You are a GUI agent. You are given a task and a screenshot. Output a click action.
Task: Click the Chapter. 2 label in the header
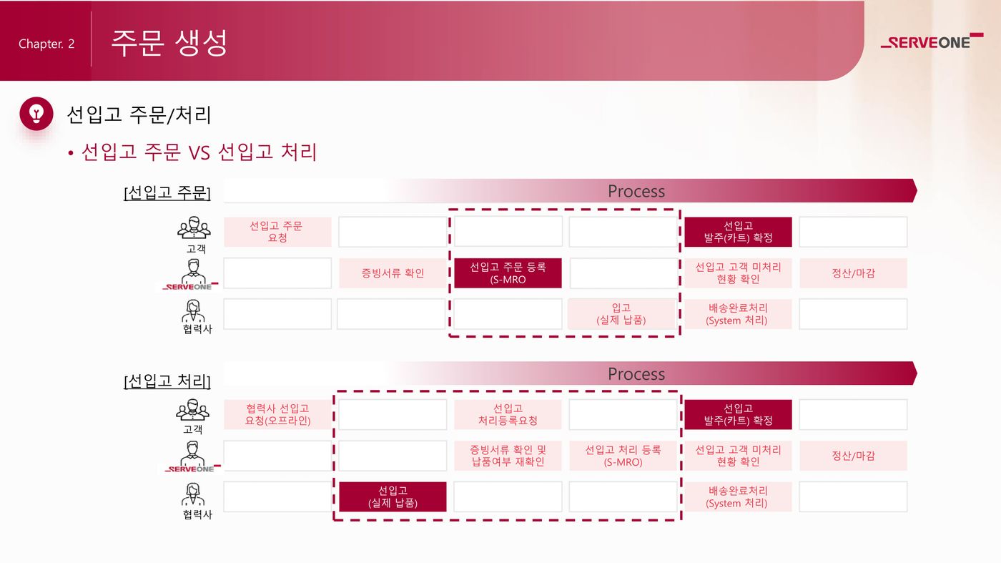coord(46,44)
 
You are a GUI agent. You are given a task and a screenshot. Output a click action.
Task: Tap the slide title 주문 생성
coord(169,43)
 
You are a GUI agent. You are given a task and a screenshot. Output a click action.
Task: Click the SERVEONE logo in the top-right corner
coord(932,41)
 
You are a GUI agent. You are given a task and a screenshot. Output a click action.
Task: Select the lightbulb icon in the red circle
coord(36,114)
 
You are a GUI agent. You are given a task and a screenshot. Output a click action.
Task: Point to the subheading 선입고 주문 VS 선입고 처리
coord(199,152)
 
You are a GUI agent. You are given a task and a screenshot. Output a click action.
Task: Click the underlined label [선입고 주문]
coord(167,192)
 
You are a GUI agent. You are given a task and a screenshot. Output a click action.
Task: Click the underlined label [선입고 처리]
coord(167,381)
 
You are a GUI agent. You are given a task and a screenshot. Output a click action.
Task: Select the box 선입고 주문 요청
coord(277,232)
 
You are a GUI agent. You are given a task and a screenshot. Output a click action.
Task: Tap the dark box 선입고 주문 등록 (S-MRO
coord(508,273)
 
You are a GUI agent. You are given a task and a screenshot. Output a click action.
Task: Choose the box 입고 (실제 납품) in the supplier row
coord(621,314)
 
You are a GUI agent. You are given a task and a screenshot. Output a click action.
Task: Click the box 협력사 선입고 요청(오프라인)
coord(277,414)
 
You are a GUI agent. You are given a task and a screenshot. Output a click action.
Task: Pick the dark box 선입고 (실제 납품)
coord(393,496)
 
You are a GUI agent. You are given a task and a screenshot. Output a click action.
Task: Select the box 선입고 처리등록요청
coord(508,414)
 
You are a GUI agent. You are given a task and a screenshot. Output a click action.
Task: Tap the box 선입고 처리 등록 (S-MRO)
coord(623,456)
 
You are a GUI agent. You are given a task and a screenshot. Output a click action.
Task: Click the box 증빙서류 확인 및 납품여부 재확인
coord(508,456)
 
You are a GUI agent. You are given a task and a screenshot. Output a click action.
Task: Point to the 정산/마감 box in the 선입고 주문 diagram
coord(854,273)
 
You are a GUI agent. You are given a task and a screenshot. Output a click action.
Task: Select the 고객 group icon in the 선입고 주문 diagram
coord(194,228)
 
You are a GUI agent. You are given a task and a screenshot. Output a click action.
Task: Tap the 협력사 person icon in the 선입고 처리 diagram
coord(193,494)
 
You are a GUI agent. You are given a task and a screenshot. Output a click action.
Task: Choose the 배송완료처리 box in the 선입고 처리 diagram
coord(738,496)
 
